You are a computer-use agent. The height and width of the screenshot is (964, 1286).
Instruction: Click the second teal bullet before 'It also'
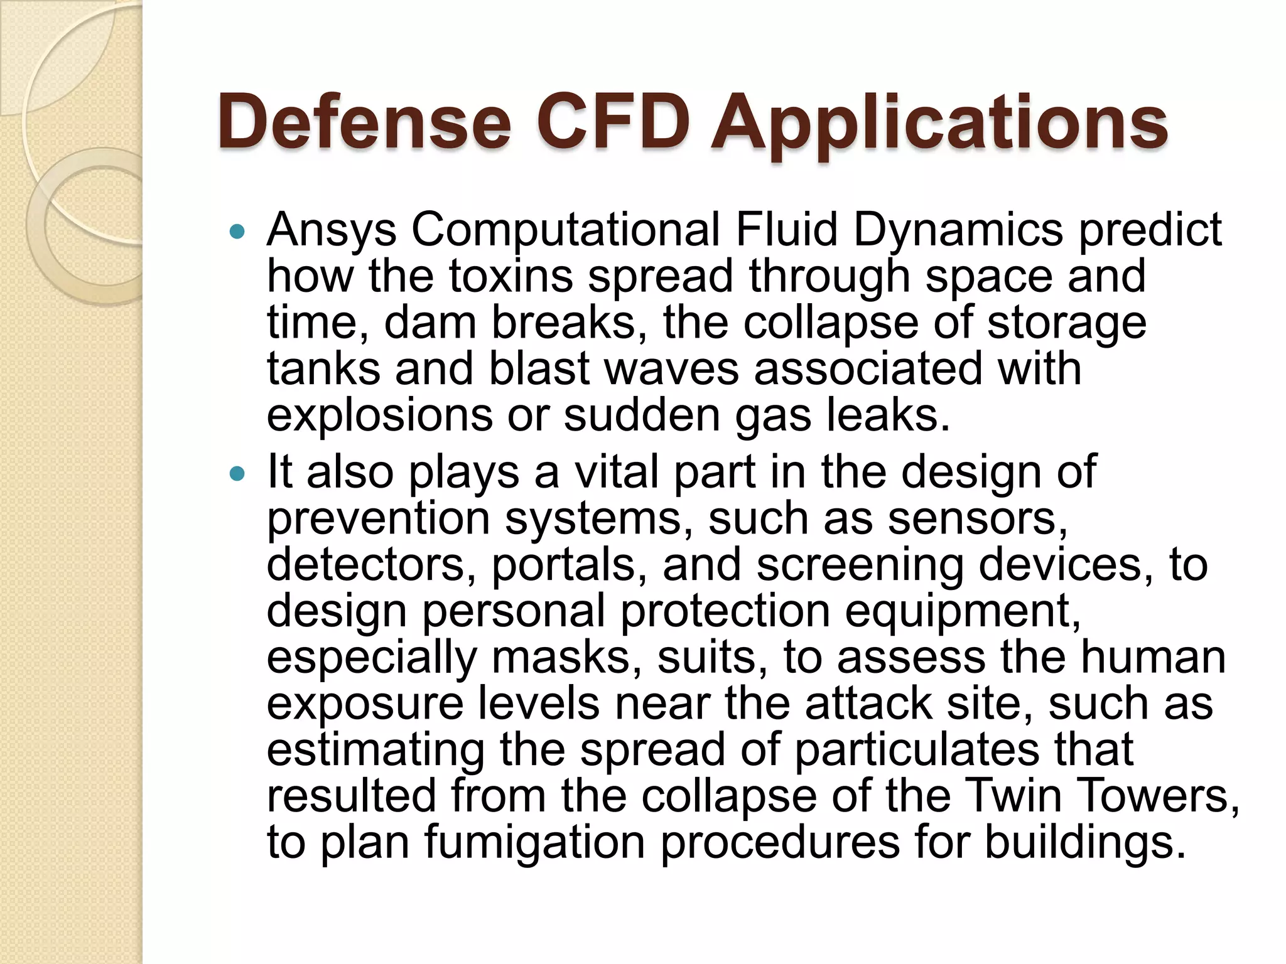237,474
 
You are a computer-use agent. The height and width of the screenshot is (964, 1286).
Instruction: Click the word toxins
511,276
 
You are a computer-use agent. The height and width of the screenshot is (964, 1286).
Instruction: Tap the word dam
430,323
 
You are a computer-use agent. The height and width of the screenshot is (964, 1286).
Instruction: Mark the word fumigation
534,842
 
